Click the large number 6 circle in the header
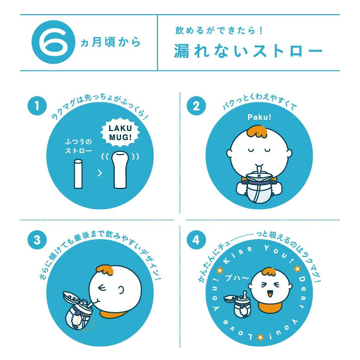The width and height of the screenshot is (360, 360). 51,43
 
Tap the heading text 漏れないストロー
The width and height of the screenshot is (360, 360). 248,51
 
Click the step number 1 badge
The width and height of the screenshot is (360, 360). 37,105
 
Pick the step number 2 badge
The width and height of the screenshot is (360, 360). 196,105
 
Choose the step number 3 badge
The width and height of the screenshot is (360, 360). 37,240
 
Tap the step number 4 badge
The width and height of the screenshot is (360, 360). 196,240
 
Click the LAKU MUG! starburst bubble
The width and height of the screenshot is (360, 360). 119,133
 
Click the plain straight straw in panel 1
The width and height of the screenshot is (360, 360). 78,174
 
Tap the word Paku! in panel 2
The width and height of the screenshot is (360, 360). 259,117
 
